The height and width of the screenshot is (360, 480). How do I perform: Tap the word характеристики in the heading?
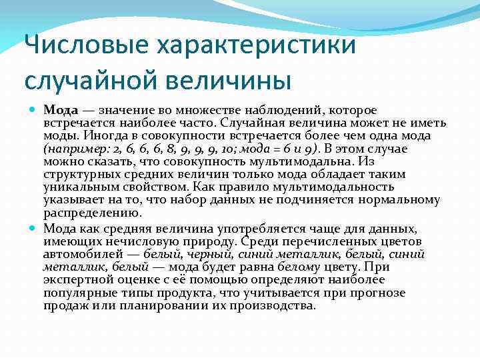[x=256, y=47]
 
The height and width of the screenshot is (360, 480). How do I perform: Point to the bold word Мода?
[x=61, y=109]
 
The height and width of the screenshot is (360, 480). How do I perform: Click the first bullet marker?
[x=34, y=109]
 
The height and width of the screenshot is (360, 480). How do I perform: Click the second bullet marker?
[x=34, y=228]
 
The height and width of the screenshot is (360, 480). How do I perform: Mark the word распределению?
[x=93, y=213]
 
